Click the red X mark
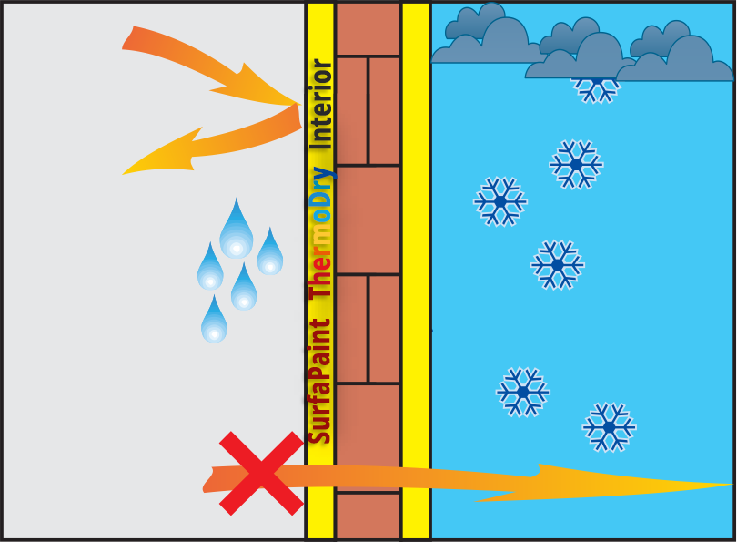261,473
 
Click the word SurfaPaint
320,381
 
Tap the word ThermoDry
320,232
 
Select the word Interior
320,104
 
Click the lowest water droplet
214,321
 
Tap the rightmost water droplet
269,253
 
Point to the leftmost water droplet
210,269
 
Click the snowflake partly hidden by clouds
596,87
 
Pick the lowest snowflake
609,426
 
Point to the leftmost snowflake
500,200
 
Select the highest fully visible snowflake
576,164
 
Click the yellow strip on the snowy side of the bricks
416,273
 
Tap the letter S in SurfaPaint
320,432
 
